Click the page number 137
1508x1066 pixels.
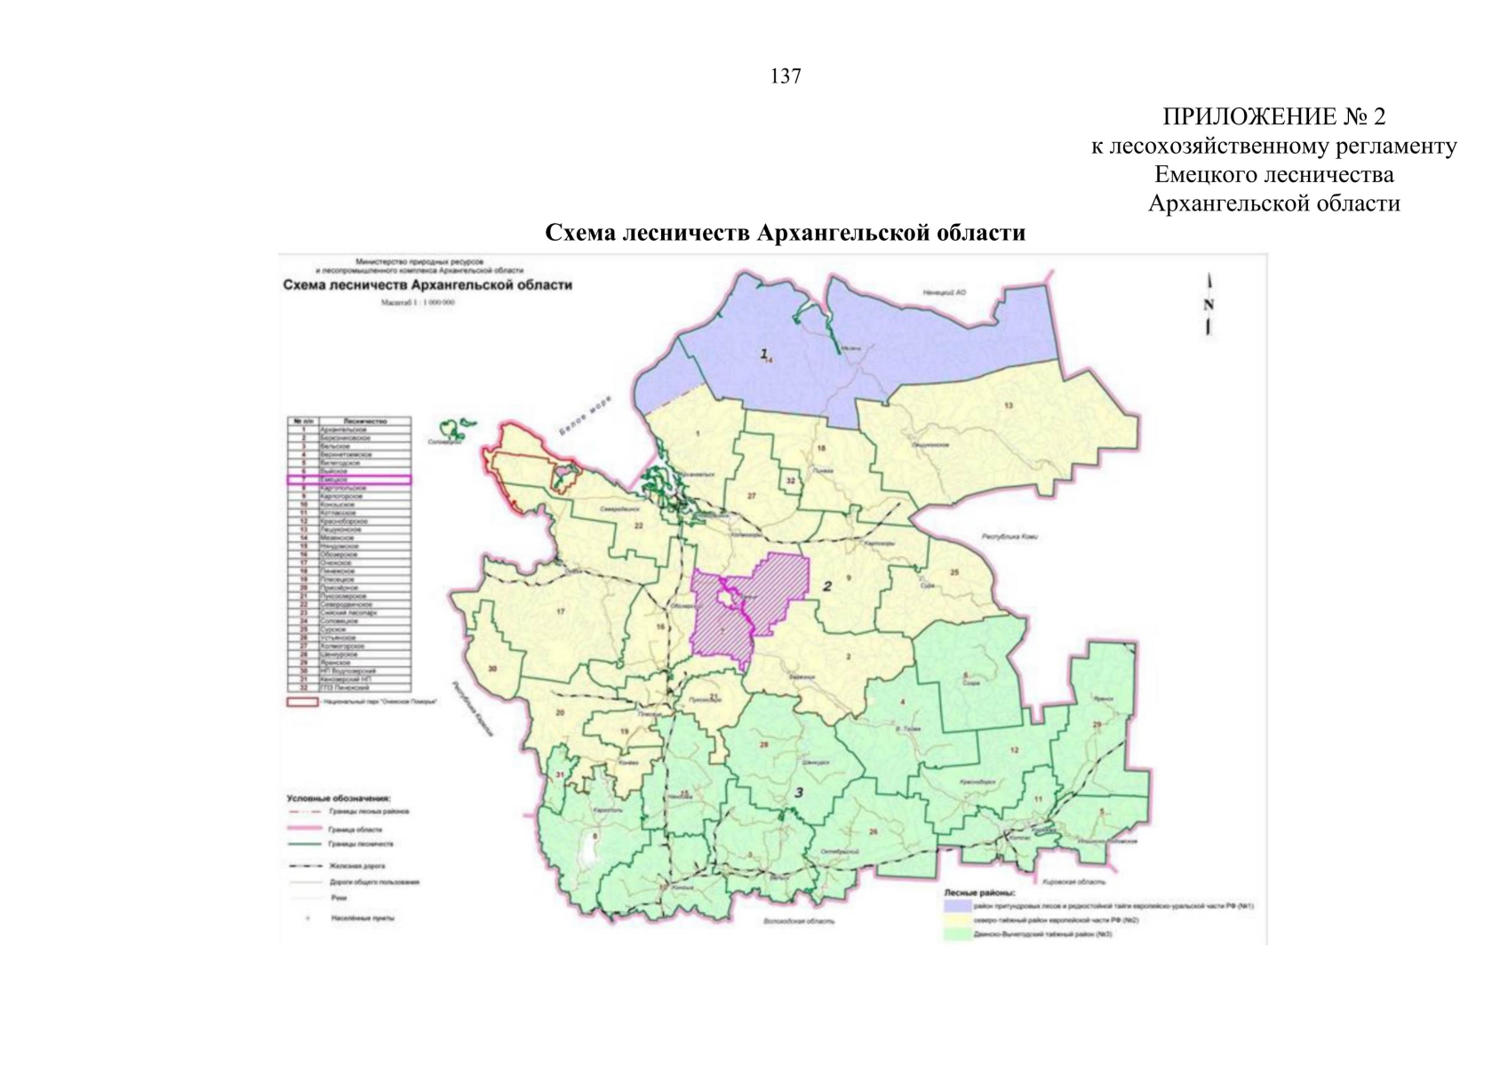(786, 76)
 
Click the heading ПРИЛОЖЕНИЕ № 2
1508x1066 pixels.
(1273, 116)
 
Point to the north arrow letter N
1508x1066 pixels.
(1209, 305)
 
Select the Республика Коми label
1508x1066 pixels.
(1009, 537)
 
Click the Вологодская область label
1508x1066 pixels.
(799, 921)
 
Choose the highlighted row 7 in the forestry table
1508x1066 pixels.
(348, 480)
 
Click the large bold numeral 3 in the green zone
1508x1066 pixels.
(798, 792)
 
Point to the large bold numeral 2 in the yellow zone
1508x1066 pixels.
(827, 586)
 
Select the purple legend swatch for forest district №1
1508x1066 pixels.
(956, 906)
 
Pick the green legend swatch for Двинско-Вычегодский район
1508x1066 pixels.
(956, 935)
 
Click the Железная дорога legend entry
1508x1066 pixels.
(356, 865)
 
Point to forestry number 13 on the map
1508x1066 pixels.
(1009, 406)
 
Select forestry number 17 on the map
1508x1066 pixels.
(560, 611)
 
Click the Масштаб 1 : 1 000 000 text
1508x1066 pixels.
(418, 303)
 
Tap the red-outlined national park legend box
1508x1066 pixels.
(302, 702)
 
